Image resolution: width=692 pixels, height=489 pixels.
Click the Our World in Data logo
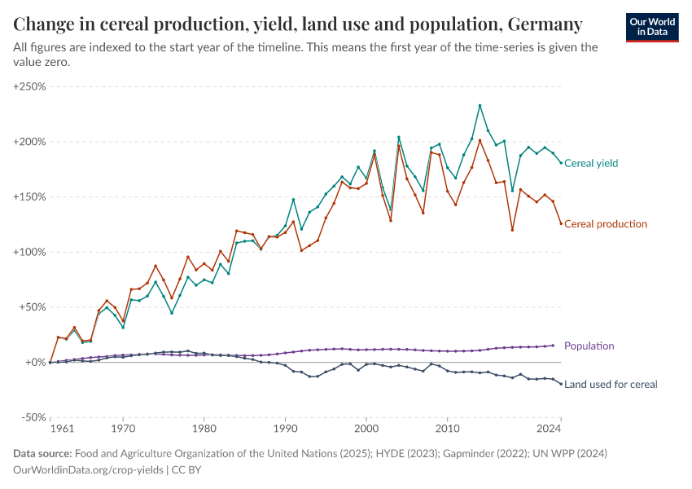(652, 26)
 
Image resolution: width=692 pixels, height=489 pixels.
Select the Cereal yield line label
(591, 163)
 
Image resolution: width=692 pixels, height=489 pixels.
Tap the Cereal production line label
(606, 224)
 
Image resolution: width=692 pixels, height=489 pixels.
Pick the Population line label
(589, 346)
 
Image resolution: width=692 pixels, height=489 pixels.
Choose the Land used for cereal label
(611, 384)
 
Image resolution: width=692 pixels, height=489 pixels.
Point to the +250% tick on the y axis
(29, 86)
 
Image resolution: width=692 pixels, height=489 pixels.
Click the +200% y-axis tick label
(29, 142)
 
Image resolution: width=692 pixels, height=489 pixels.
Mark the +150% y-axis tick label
(29, 197)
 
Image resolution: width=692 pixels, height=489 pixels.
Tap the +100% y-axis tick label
(29, 252)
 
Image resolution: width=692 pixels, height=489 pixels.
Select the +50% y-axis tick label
(32, 307)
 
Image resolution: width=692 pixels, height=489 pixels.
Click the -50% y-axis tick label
(33, 417)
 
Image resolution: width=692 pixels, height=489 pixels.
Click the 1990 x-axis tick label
(285, 427)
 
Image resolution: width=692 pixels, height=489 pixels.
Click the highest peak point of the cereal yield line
(480, 105)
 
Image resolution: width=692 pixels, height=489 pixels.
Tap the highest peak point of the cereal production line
(480, 140)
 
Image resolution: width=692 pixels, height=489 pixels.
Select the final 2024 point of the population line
(554, 346)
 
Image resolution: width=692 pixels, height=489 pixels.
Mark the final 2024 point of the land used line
(561, 384)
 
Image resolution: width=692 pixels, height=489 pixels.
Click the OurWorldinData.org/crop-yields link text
(90, 470)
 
